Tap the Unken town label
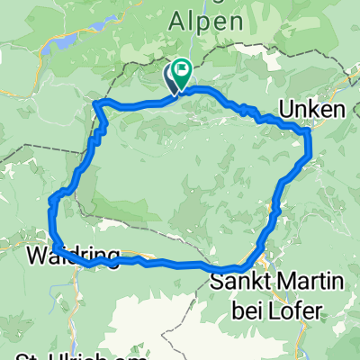coord(311,109)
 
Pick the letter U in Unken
coord(286,109)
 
